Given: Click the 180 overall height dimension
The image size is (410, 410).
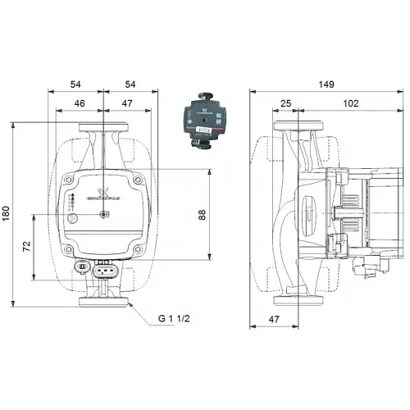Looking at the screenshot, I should click(x=7, y=214).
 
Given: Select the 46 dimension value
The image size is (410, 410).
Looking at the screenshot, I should click(x=79, y=103).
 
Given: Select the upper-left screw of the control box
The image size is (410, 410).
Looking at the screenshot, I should click(x=71, y=181).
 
